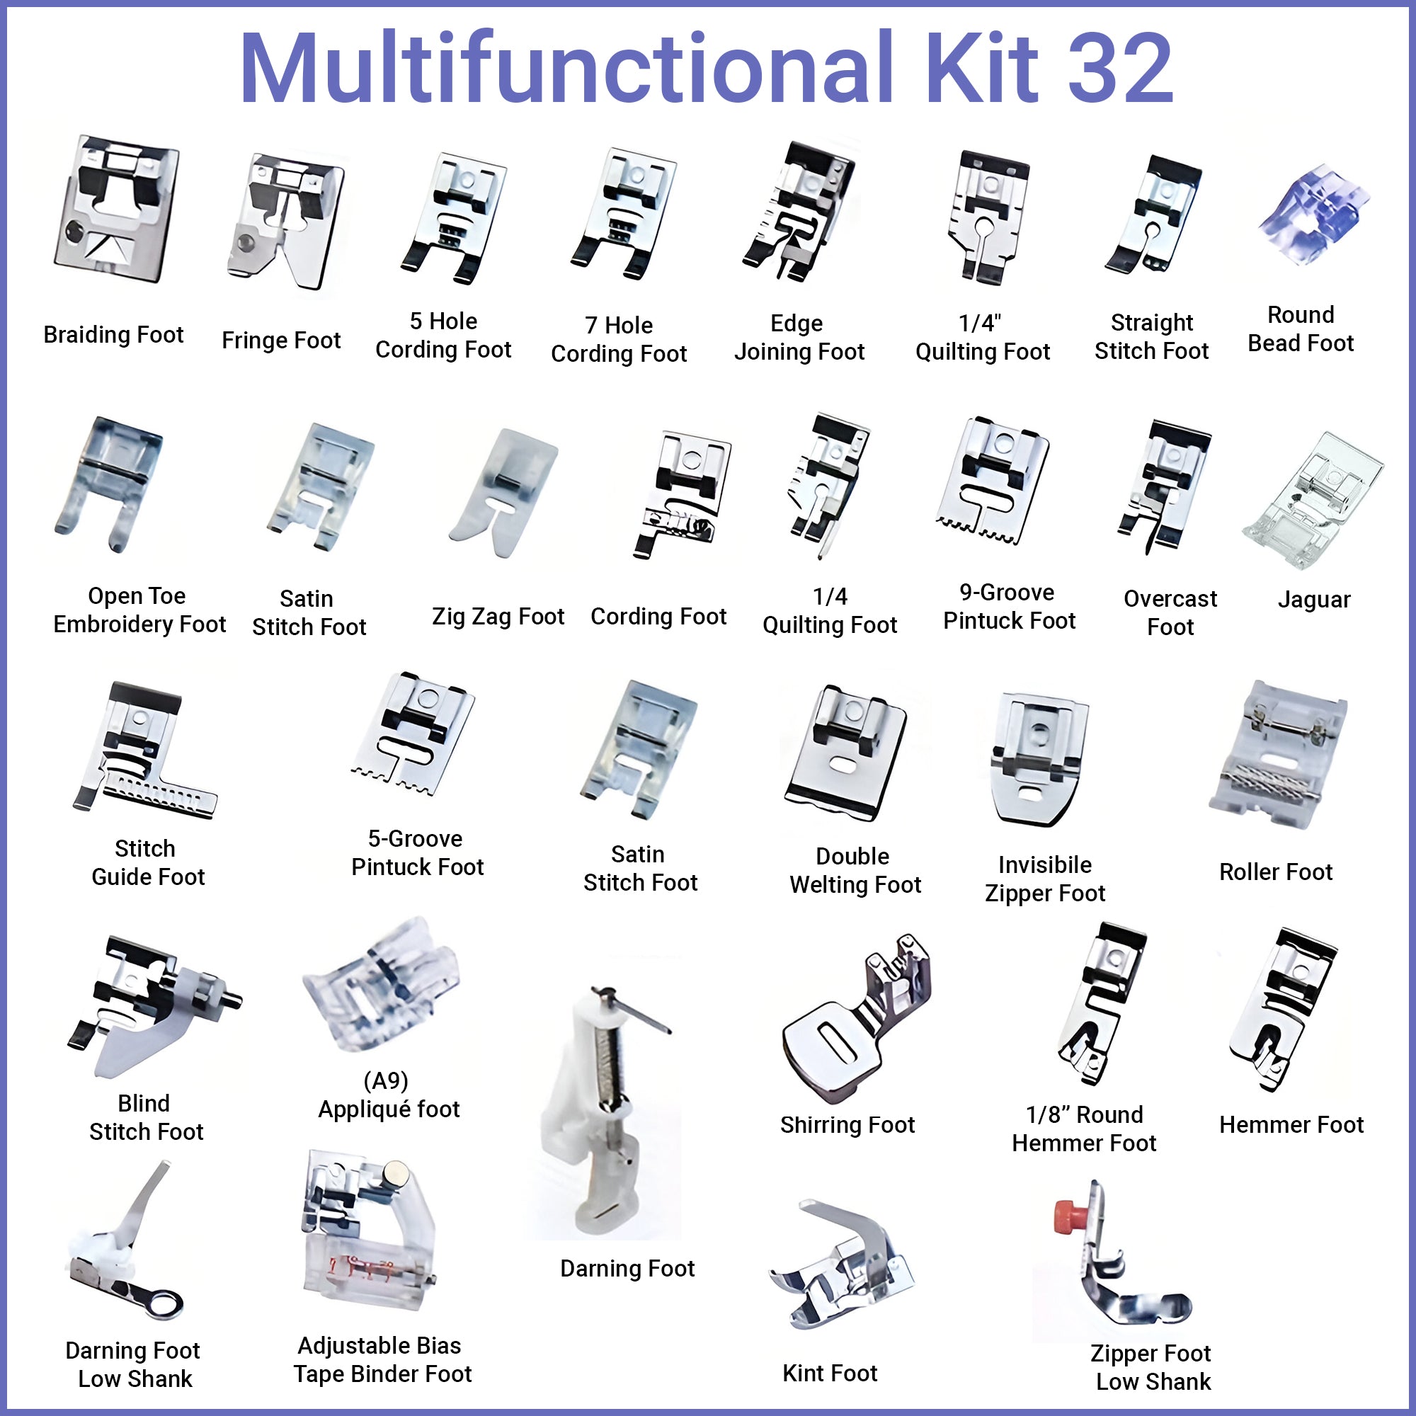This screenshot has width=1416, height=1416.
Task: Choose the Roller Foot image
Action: point(1276,755)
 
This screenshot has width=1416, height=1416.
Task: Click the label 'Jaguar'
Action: point(1313,600)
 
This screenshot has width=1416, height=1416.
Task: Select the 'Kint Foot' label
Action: point(830,1373)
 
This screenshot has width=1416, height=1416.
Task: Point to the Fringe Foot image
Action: point(286,220)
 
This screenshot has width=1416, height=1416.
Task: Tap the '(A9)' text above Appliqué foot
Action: point(386,1080)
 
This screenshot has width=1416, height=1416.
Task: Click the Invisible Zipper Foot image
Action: point(1038,759)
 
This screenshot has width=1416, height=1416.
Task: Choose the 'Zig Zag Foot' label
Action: point(498,617)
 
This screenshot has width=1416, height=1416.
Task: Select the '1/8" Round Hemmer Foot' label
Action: point(1084,1129)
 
